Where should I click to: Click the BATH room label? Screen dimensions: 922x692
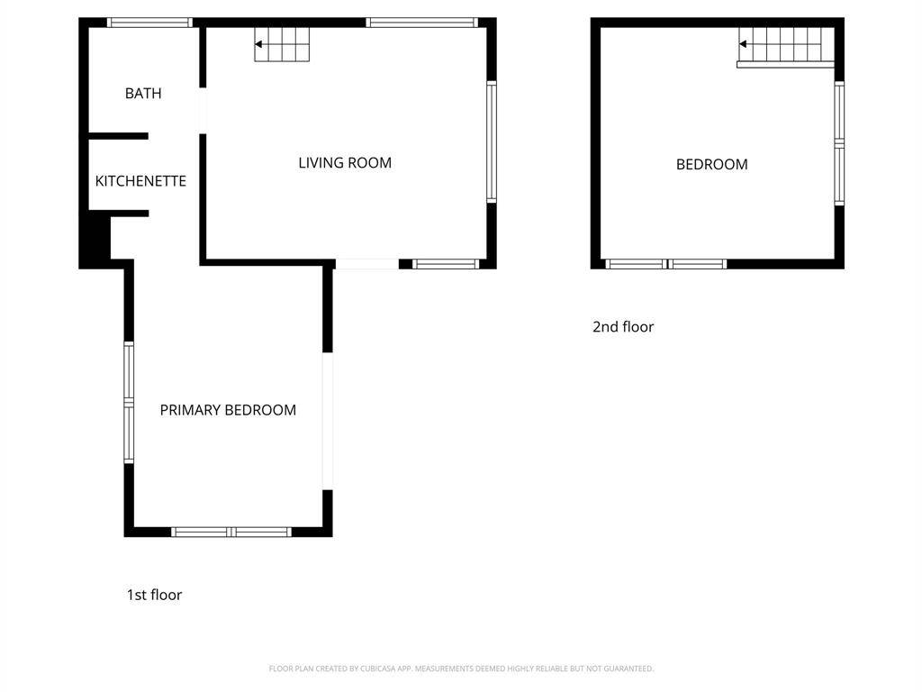coord(143,93)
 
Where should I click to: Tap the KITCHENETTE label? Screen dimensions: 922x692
coord(140,180)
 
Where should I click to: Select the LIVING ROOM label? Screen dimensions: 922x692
coord(345,162)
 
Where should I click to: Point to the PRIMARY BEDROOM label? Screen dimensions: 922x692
coord(228,410)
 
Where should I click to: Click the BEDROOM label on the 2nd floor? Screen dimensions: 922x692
coord(711,164)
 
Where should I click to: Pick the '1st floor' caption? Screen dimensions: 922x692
coord(154,595)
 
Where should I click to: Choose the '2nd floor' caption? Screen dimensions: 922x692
coord(623,326)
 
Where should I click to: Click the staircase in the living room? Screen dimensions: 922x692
coord(282,44)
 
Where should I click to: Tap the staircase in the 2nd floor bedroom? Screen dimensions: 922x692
coord(786,47)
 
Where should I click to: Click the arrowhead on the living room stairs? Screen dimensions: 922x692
coord(258,44)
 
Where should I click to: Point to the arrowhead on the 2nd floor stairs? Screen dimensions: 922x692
coord(743,43)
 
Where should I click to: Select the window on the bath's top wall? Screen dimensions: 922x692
coord(149,23)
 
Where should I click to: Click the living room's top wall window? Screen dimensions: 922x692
coord(421,23)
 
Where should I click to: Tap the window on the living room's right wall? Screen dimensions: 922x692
coord(492,141)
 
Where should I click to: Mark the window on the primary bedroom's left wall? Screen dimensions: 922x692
coord(129,403)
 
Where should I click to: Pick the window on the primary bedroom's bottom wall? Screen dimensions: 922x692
coord(231,532)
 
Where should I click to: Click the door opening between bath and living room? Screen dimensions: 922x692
coord(203,111)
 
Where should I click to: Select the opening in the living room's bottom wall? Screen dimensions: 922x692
coord(367,264)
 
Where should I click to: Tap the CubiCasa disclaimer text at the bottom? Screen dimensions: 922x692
coord(461,669)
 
